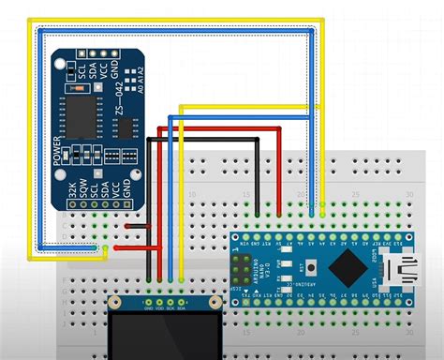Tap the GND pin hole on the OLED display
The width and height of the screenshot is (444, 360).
pyautogui.click(x=148, y=302)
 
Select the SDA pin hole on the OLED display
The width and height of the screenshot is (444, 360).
pyautogui.click(x=181, y=302)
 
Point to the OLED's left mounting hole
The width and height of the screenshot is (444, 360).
pyautogui.click(x=114, y=305)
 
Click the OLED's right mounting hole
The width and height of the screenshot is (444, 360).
pyautogui.click(x=215, y=305)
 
